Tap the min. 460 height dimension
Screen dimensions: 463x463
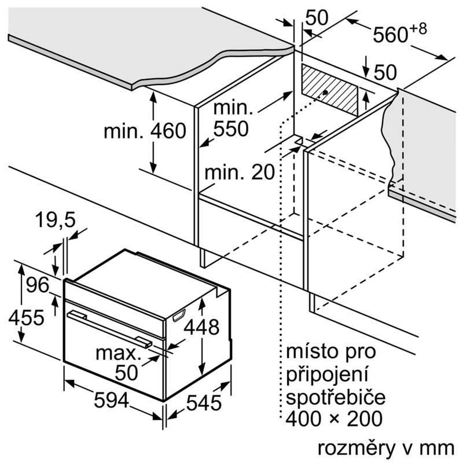click(145, 131)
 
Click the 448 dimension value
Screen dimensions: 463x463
click(201, 328)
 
